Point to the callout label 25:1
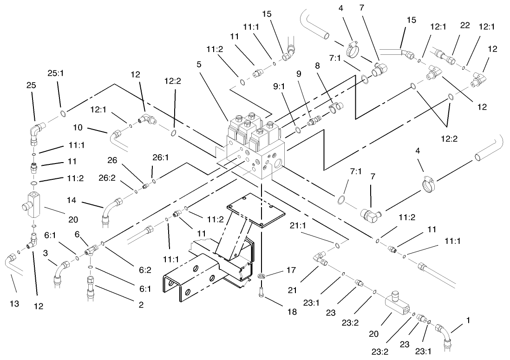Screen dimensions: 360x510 pos(55,73)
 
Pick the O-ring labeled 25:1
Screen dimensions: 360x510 pos(62,113)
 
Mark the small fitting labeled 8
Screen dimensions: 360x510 pos(335,106)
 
